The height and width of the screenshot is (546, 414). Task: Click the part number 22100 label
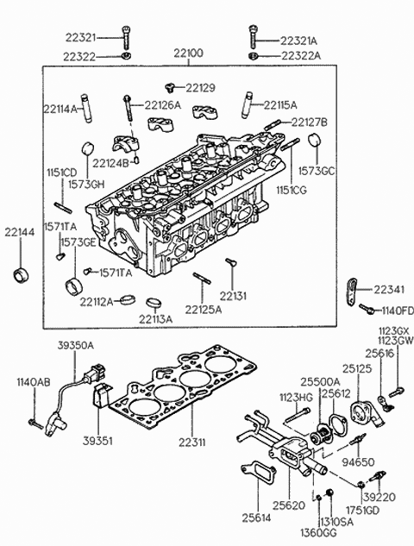click(x=188, y=53)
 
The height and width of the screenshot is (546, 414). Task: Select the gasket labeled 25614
click(x=258, y=474)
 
